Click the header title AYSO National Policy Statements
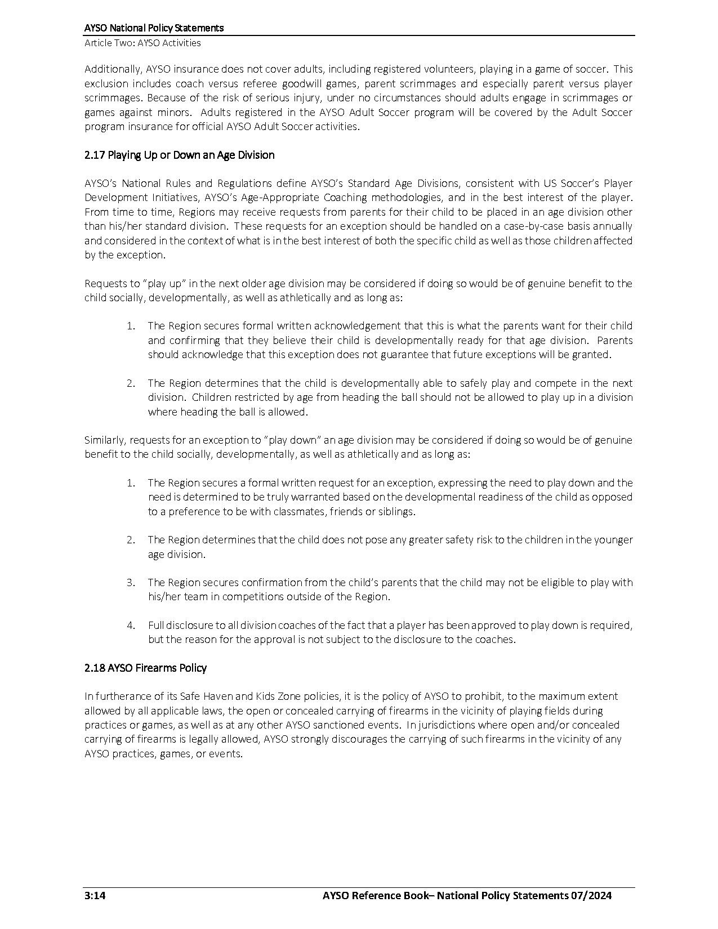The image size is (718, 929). tap(154, 28)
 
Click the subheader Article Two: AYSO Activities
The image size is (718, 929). tap(142, 43)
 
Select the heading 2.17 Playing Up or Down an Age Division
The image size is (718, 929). tap(180, 155)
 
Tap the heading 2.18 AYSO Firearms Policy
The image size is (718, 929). tap(145, 668)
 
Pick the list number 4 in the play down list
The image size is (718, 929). tap(131, 625)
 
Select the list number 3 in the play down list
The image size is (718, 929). tap(131, 582)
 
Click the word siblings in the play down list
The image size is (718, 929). tap(396, 512)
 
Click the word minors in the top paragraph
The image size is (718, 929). tap(172, 112)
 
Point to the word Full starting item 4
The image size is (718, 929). tap(157, 625)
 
